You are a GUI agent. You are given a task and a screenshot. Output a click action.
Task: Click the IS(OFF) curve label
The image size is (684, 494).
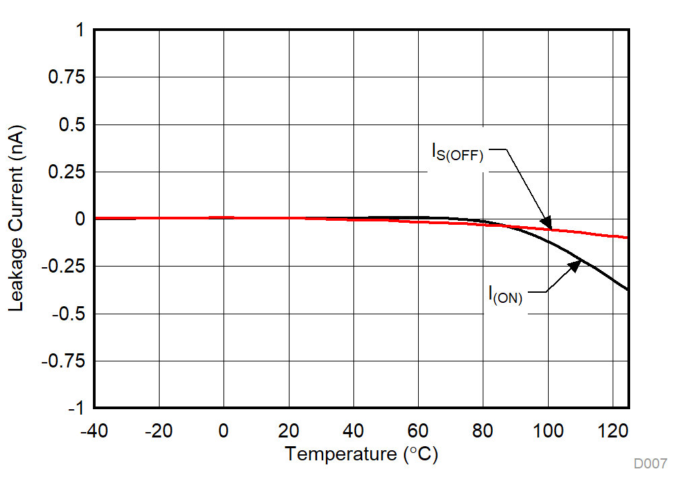click(458, 152)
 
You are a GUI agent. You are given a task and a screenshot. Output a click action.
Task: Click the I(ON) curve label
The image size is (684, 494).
click(506, 295)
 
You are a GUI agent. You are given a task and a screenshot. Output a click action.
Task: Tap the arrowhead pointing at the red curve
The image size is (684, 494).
click(547, 224)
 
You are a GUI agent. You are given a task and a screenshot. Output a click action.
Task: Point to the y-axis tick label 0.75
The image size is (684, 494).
click(66, 78)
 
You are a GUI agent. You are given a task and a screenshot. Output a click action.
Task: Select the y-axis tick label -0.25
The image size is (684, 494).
click(63, 267)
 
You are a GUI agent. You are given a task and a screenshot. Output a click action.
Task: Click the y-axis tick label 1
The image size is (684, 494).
click(80, 31)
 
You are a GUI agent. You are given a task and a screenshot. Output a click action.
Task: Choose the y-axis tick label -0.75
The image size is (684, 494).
click(63, 361)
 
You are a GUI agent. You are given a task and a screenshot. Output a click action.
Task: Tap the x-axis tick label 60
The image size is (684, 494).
click(418, 431)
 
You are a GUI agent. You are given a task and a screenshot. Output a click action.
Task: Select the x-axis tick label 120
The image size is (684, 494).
click(613, 431)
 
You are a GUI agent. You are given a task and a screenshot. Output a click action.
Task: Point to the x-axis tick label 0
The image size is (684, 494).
click(224, 431)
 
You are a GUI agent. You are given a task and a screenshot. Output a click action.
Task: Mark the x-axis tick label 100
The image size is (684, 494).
click(548, 431)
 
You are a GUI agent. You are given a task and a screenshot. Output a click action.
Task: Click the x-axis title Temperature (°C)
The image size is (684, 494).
click(361, 454)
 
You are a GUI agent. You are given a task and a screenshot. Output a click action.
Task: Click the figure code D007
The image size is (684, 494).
click(650, 464)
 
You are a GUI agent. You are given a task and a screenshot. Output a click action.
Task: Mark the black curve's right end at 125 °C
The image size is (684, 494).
click(627, 290)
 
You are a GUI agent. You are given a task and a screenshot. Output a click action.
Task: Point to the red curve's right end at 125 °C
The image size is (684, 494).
click(627, 238)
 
